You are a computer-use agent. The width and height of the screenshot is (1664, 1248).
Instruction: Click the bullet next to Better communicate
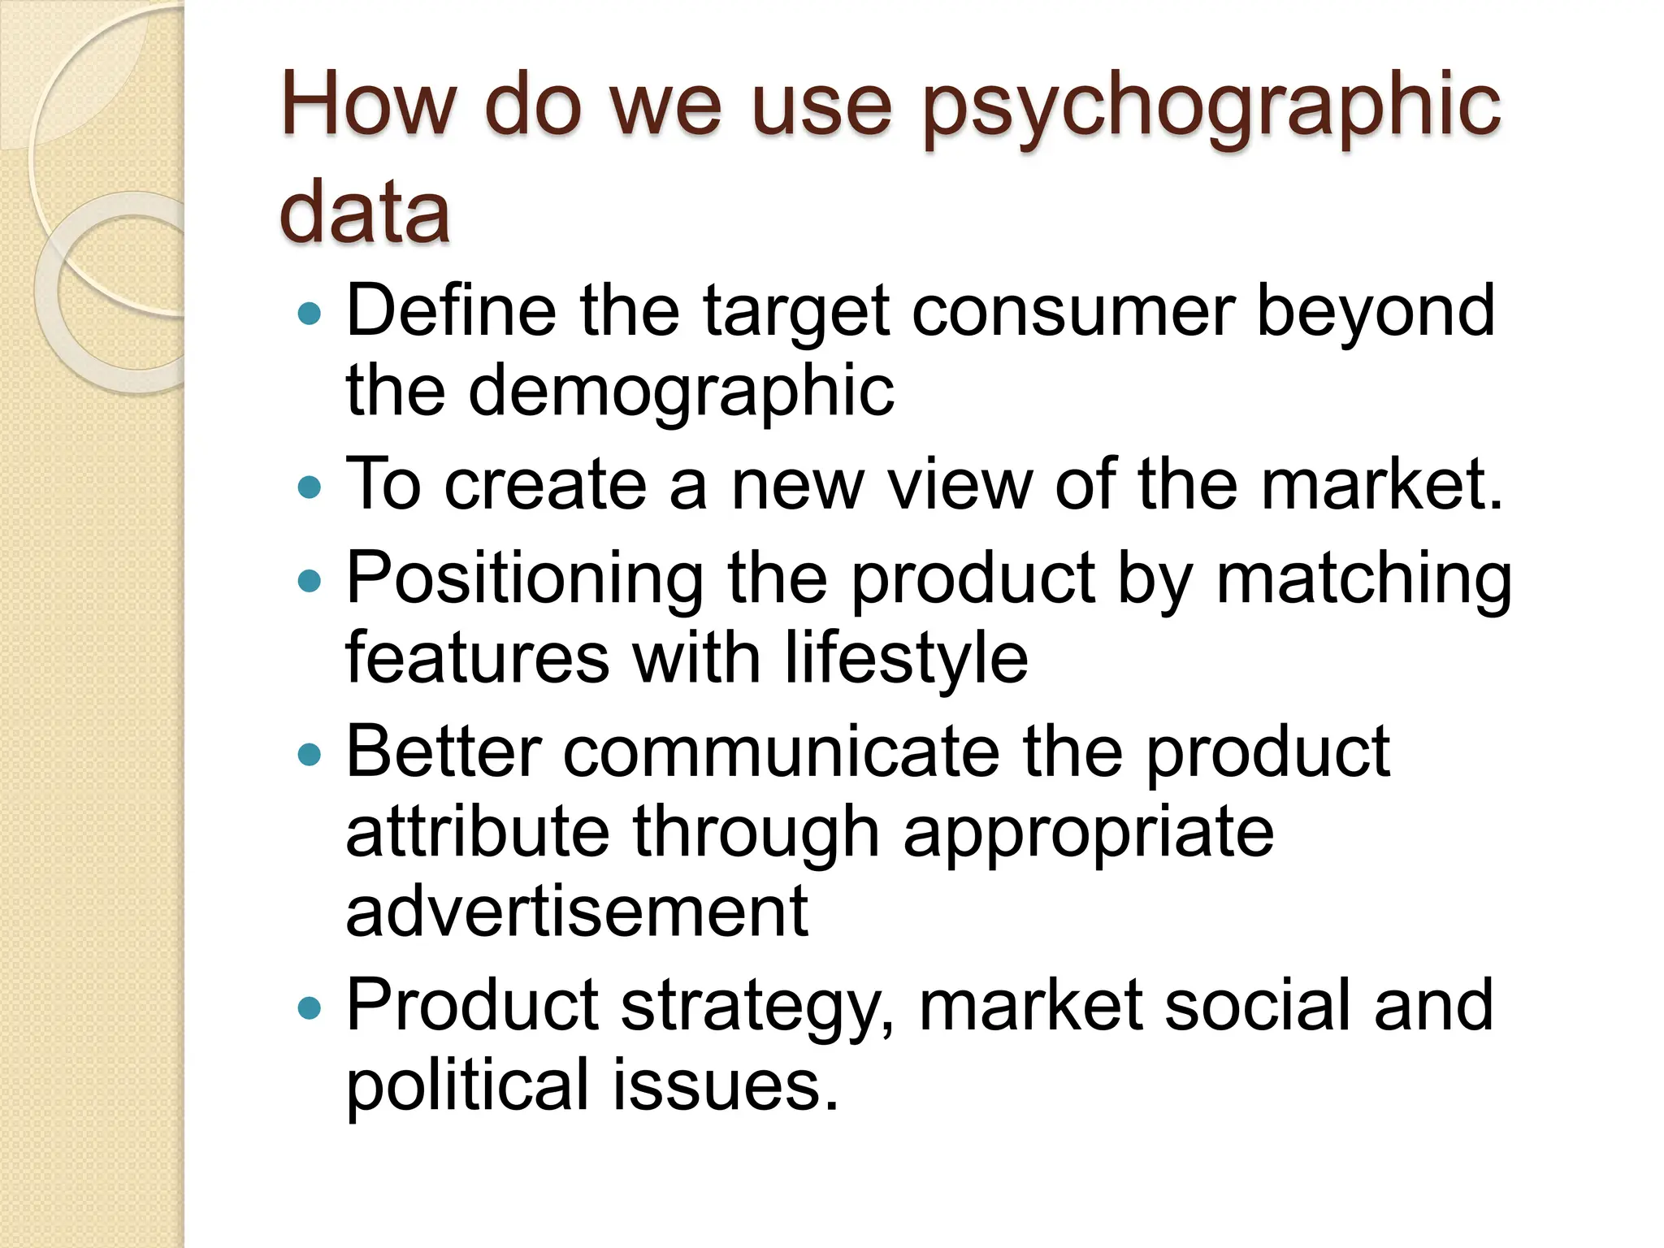[x=310, y=755]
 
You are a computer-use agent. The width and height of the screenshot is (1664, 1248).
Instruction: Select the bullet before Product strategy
[x=310, y=1009]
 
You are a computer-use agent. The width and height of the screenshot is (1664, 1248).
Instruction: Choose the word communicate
[x=781, y=752]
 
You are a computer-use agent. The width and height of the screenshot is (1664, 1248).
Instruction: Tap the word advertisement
[x=577, y=912]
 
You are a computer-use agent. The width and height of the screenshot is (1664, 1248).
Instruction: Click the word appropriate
[x=1088, y=833]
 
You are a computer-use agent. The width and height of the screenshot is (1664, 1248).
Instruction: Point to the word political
[x=467, y=1085]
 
